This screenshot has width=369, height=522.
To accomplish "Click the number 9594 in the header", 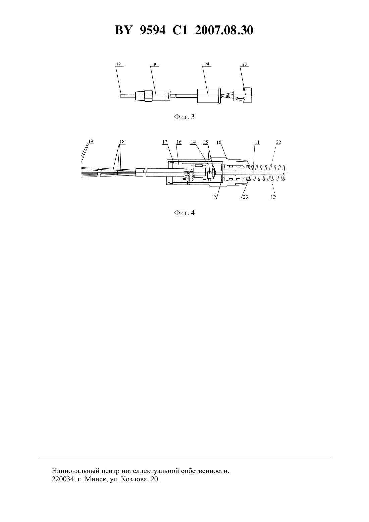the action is click(x=152, y=31).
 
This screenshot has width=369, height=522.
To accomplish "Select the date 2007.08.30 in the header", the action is click(x=224, y=31).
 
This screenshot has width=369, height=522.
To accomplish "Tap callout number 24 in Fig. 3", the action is click(x=207, y=64).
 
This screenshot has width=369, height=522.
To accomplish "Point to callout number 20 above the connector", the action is click(x=244, y=64).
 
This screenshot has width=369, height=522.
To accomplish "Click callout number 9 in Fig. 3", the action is click(x=155, y=64).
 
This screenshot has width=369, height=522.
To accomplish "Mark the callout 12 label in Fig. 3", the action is click(x=119, y=64).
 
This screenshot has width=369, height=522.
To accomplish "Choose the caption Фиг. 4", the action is click(x=184, y=213).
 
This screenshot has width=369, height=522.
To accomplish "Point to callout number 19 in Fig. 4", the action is click(x=91, y=141).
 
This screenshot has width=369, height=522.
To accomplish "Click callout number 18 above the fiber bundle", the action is click(x=122, y=142).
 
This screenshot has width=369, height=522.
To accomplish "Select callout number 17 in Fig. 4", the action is click(x=165, y=142).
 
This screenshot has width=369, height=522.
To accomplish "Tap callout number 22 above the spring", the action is click(x=278, y=142).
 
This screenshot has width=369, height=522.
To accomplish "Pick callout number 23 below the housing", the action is click(x=245, y=197).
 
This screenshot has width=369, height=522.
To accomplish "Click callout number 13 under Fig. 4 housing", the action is click(x=214, y=197).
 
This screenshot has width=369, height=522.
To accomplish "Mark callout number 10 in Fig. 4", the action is click(x=219, y=142).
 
